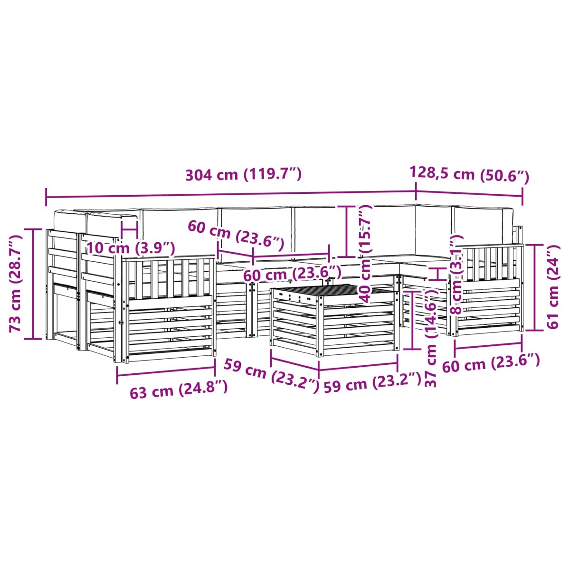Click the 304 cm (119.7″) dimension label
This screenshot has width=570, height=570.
tap(243, 174)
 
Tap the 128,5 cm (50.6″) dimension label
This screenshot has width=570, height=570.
tap(469, 175)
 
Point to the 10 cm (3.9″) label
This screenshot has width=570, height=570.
tap(131, 247)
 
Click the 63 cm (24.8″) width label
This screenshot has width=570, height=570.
tap(179, 391)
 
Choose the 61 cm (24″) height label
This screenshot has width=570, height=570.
tap(552, 286)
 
